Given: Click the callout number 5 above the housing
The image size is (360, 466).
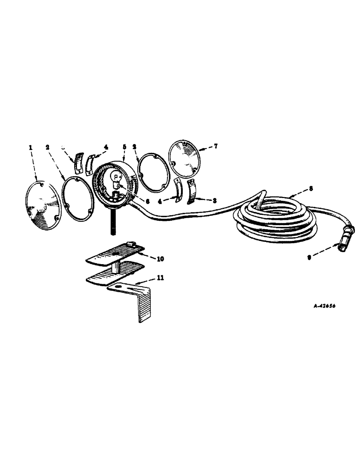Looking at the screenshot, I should (x=124, y=146).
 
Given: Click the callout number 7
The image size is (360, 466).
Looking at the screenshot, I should (x=215, y=146).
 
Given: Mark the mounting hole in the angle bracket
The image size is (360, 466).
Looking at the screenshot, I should (x=122, y=286).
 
